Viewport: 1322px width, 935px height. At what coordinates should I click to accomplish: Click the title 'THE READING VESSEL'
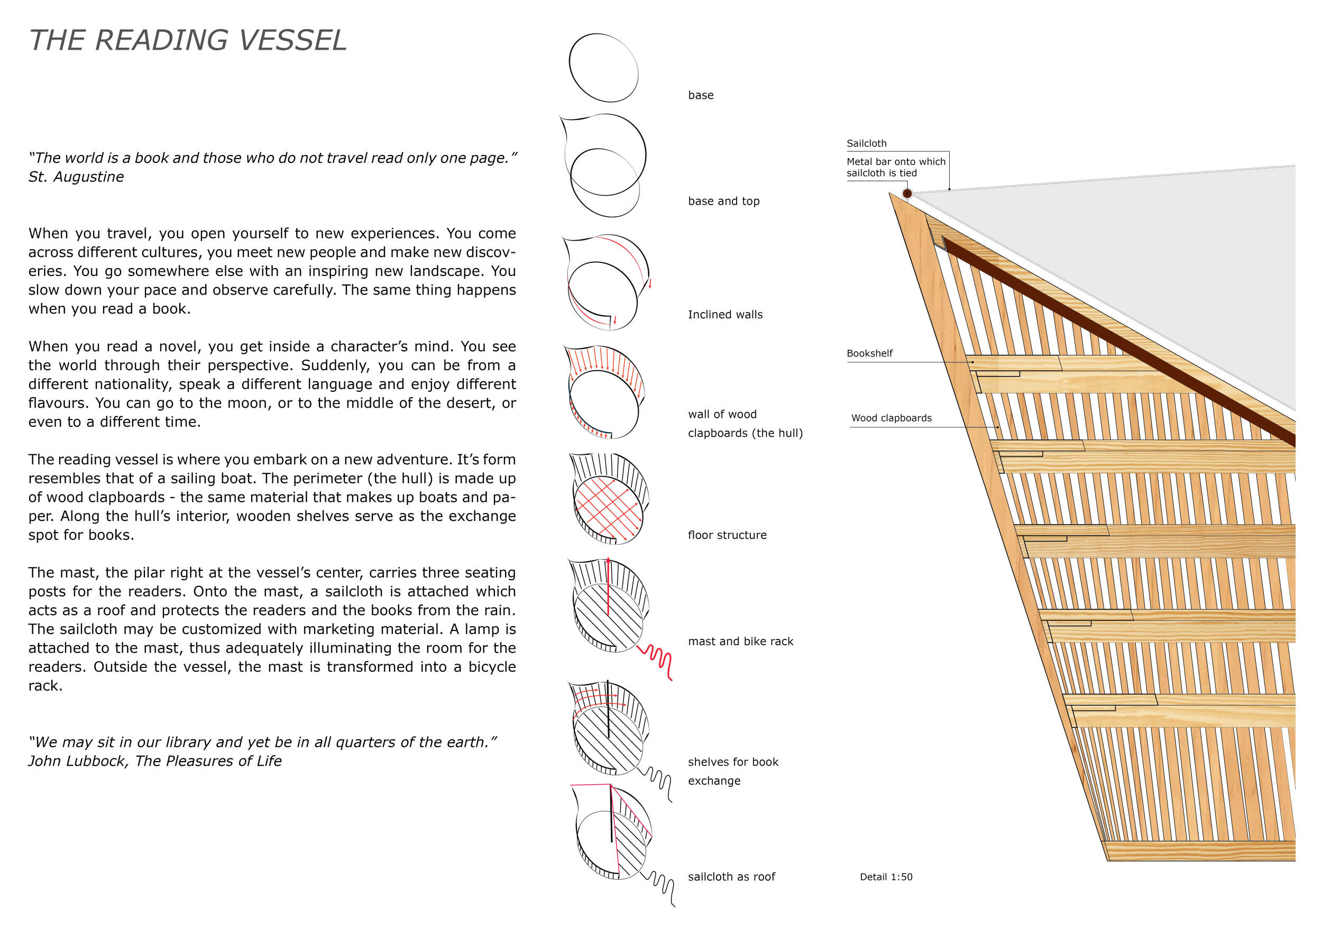[x=188, y=40]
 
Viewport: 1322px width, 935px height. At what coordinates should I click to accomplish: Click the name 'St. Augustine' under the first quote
[x=76, y=177]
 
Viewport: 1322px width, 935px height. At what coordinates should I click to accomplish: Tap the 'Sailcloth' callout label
[x=866, y=143]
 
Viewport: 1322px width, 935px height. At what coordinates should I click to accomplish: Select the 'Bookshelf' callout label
[x=869, y=353]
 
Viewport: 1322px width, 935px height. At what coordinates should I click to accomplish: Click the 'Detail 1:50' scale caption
[x=886, y=877]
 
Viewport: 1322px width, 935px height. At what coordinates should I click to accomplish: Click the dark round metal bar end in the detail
[x=907, y=194]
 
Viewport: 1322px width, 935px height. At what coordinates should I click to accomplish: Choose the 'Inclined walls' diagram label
[x=725, y=314]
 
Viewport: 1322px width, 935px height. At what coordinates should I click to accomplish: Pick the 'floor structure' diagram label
[x=727, y=535]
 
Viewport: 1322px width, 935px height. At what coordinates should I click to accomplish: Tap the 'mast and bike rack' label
[x=740, y=641]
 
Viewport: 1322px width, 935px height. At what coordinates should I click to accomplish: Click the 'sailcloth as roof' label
[x=731, y=877]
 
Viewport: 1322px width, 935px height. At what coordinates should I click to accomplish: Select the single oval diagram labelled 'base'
[x=603, y=67]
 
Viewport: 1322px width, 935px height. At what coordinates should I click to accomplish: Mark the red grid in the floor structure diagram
[x=608, y=507]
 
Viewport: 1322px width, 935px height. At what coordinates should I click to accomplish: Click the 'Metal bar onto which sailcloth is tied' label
[x=895, y=167]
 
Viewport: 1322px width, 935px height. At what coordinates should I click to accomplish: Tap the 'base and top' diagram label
[x=723, y=201]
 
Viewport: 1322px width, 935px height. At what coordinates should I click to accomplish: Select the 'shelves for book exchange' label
[x=732, y=771]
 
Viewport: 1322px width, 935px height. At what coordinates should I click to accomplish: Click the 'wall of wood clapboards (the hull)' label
[x=745, y=424]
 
